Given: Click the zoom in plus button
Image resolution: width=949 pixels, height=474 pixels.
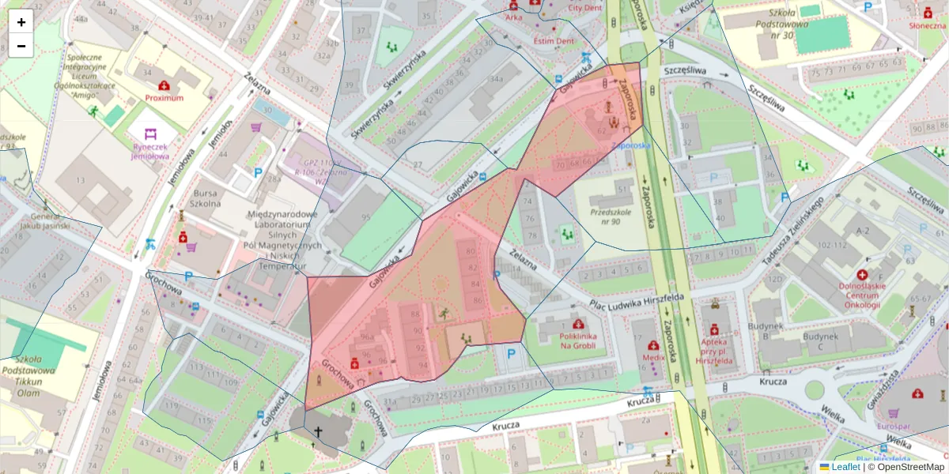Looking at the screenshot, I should pyautogui.click(x=21, y=22).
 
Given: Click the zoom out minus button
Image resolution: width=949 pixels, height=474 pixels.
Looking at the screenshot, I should pyautogui.click(x=21, y=46).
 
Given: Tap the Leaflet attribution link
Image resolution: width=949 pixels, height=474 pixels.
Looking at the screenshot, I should pyautogui.click(x=844, y=467).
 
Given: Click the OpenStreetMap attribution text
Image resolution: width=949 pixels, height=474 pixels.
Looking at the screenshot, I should pyautogui.click(x=909, y=467).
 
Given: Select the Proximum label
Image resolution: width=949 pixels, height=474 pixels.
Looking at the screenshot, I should pyautogui.click(x=164, y=98).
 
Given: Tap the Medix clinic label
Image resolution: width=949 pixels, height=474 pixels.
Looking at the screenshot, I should pyautogui.click(x=653, y=357).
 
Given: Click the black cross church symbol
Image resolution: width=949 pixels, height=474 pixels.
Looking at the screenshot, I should pyautogui.click(x=318, y=431).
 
